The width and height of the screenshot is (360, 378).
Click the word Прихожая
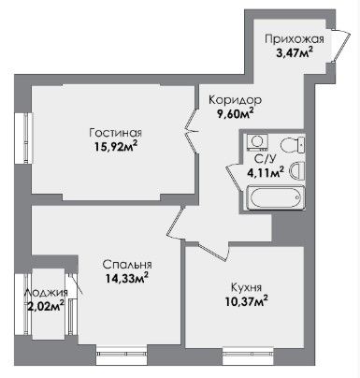[295, 39]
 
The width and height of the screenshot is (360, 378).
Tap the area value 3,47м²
[295, 51]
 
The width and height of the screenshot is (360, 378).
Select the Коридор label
[235, 100]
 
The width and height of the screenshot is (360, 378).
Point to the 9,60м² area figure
[235, 113]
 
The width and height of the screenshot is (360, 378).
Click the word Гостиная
[116, 133]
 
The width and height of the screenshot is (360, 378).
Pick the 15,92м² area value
[116, 146]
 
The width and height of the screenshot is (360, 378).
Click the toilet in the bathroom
[293, 145]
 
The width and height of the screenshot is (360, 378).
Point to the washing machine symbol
[257, 141]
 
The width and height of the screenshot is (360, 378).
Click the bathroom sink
[296, 170]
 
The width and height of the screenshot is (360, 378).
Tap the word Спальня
[127, 265]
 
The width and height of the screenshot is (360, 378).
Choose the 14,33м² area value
[126, 278]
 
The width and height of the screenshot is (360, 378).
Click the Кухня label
[246, 287]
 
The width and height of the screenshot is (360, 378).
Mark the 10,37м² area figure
[246, 300]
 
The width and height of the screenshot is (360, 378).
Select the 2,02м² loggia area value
[46, 306]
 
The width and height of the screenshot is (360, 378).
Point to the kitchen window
[249, 355]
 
